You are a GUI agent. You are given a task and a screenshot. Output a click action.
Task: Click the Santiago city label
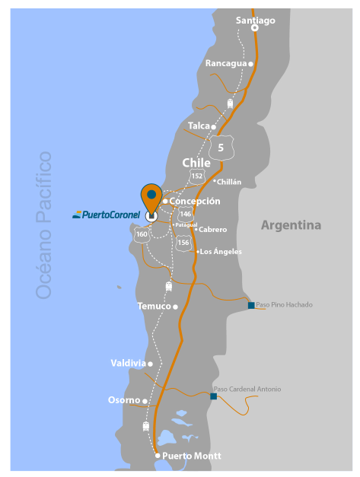[255, 21]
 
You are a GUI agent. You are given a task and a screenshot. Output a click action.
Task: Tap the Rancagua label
[226, 63]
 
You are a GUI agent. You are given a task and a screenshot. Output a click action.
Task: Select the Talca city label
[199, 126]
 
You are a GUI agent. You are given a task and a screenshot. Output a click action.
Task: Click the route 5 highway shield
[221, 147]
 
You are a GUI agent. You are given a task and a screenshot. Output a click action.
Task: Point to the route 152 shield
[197, 176]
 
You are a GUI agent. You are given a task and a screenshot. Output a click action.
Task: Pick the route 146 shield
[185, 215]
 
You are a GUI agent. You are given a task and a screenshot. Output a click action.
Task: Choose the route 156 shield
[183, 243]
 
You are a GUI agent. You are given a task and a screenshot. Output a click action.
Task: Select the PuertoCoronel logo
[106, 215]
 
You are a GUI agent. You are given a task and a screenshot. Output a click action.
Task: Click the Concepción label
[195, 202]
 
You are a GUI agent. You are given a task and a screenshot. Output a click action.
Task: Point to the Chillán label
[228, 183]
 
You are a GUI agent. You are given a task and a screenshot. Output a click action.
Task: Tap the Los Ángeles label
[221, 252]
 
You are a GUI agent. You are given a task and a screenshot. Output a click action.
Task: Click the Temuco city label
[154, 307]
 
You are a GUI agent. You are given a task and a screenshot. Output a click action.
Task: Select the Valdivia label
[128, 364]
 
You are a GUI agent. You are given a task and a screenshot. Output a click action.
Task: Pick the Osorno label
[124, 400]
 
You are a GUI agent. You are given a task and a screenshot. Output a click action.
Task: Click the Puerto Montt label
[192, 456]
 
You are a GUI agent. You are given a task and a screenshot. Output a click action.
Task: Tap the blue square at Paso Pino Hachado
[251, 305]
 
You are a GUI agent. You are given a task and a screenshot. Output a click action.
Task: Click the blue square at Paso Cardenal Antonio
[214, 396]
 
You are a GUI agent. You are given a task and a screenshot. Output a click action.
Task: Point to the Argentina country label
[291, 225]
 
